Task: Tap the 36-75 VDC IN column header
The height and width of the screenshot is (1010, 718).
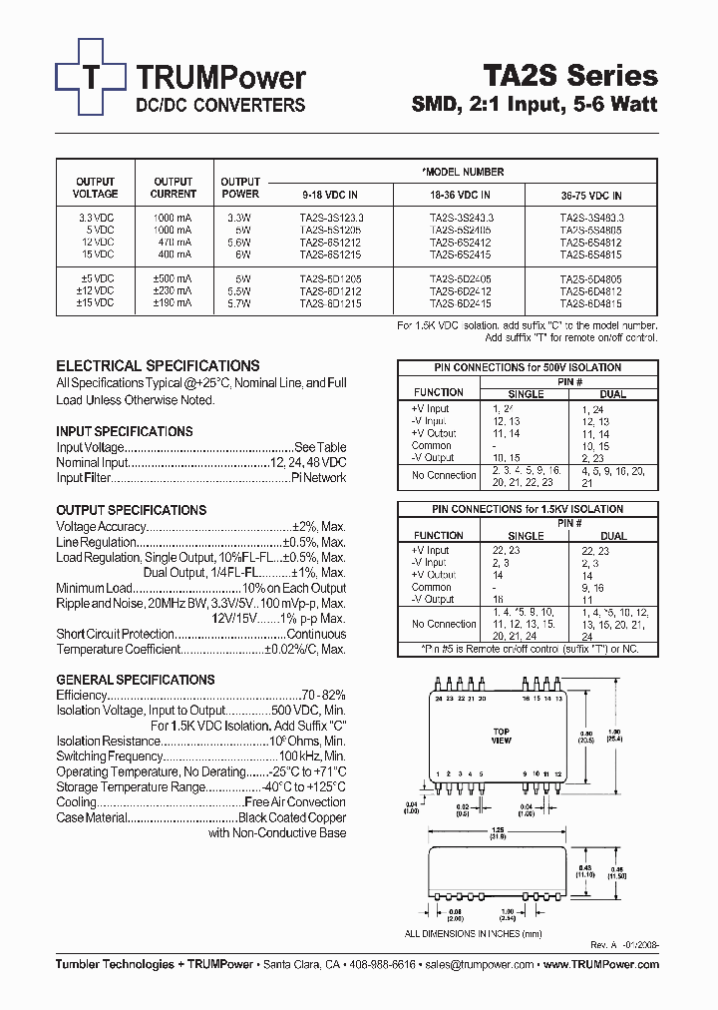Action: [x=590, y=196]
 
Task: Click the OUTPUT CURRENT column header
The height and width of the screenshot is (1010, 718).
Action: [x=174, y=188]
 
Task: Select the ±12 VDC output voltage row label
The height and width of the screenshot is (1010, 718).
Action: [x=95, y=290]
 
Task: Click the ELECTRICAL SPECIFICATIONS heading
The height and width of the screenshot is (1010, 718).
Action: [x=158, y=366]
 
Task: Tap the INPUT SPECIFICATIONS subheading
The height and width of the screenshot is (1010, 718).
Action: [x=125, y=432]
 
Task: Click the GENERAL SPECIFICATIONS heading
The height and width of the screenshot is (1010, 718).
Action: [x=136, y=680]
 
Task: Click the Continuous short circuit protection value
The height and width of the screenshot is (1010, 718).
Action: [x=315, y=634]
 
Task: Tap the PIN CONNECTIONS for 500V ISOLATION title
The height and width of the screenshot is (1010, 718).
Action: [x=527, y=367]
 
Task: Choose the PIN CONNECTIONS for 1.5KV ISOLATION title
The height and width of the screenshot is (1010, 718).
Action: [x=527, y=509]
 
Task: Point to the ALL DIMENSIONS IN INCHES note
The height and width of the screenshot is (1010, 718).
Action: [x=474, y=934]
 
